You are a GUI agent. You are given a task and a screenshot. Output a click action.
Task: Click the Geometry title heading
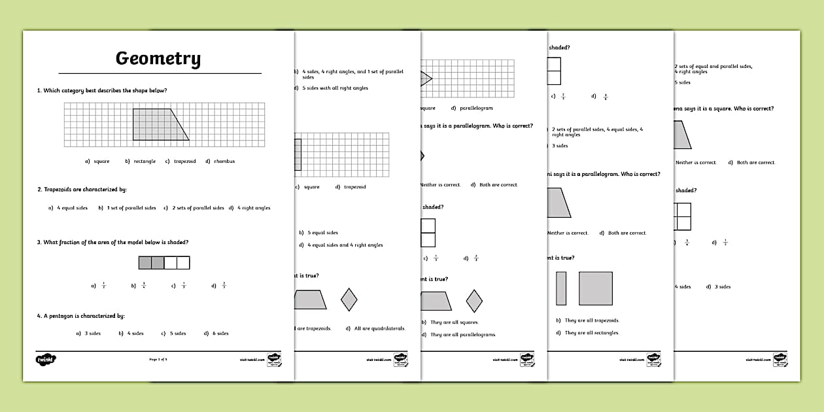tap(158, 59)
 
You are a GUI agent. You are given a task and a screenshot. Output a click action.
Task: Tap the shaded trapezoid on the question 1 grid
tap(157, 125)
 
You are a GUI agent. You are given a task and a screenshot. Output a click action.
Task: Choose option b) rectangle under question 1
tap(144, 162)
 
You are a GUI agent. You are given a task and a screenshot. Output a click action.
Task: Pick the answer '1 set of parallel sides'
tap(131, 208)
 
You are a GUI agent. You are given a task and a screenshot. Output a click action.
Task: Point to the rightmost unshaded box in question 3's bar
tap(183, 263)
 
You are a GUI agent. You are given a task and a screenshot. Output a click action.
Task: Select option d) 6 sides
tap(220, 334)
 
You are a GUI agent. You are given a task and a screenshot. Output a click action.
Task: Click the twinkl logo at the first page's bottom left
tap(46, 359)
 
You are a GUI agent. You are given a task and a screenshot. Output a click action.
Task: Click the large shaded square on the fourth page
tap(595, 288)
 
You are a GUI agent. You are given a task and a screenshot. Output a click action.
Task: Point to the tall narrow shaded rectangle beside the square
tap(561, 288)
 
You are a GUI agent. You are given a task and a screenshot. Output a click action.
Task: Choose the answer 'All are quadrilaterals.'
tap(379, 328)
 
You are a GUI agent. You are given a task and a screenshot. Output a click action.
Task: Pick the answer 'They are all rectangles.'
tap(592, 333)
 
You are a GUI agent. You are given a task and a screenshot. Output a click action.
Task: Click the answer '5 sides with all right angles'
tap(335, 88)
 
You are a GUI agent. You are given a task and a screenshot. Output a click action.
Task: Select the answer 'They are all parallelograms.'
tap(463, 335)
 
